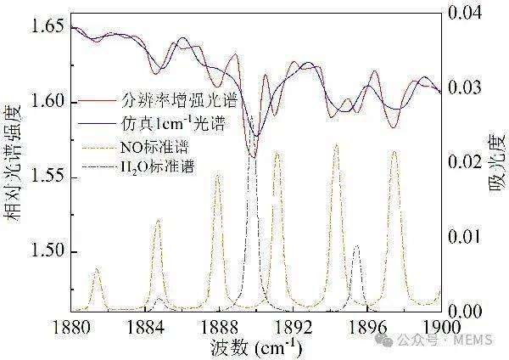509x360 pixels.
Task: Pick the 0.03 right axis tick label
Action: pos(466,87)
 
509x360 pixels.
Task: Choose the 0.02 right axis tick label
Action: pos(466,161)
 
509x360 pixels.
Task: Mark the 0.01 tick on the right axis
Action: pos(466,236)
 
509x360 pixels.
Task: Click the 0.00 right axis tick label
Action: pos(466,310)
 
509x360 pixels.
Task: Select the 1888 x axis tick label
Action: pos(219,327)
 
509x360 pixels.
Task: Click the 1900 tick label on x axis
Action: pos(439,327)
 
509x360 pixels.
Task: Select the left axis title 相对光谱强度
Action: pos(14,170)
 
